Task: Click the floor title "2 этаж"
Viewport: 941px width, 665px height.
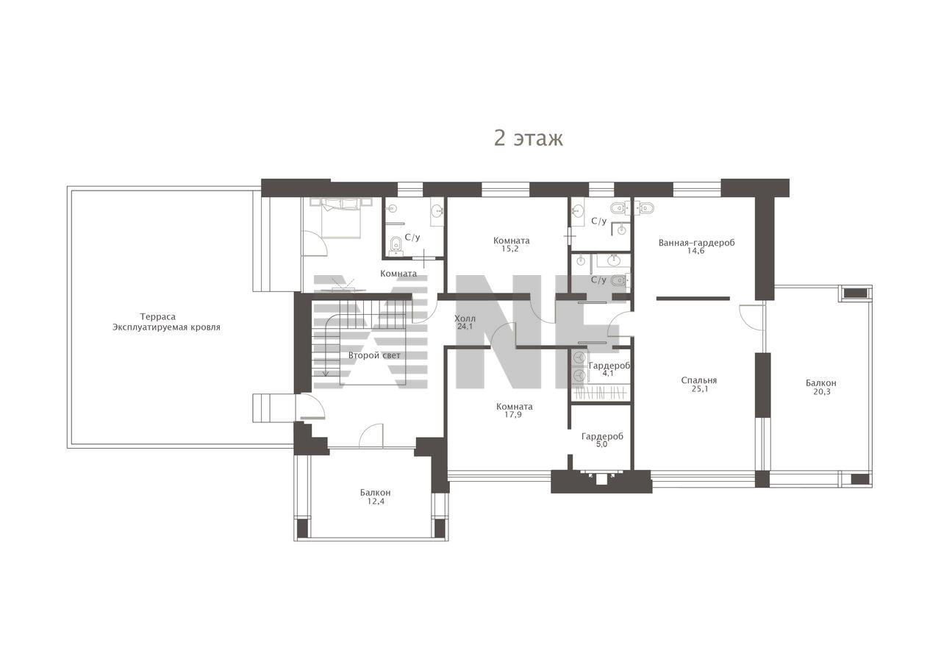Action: (528, 138)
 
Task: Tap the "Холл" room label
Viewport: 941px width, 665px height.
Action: (465, 319)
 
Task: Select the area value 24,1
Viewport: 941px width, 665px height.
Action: (465, 327)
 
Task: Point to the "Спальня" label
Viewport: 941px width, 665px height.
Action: (699, 380)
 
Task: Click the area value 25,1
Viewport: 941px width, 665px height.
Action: (700, 389)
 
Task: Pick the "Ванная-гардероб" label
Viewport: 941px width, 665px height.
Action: (696, 243)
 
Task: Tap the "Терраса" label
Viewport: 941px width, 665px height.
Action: (157, 317)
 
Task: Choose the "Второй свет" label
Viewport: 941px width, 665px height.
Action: (374, 355)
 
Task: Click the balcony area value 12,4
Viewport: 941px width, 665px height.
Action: (376, 502)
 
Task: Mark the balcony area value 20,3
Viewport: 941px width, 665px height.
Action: (821, 392)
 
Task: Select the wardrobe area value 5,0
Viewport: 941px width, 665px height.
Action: (601, 444)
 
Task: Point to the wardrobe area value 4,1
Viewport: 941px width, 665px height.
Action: (607, 373)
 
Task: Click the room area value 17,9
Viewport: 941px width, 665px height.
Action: (513, 414)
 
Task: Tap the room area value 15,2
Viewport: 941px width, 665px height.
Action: (510, 249)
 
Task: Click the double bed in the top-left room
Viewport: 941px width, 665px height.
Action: (341, 218)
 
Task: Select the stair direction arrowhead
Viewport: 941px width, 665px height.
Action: (325, 373)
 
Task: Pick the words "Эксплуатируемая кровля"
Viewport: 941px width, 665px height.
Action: (166, 327)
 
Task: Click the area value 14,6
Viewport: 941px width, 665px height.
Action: (695, 251)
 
